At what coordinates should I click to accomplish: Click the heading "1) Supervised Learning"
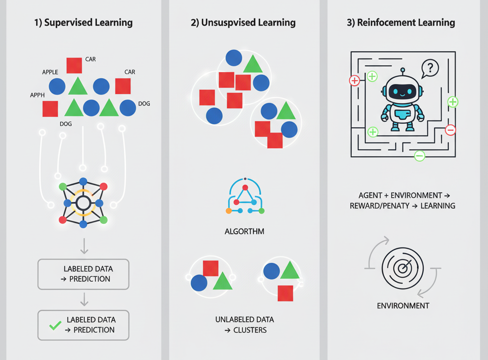[83, 23]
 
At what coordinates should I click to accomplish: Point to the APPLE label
[50, 72]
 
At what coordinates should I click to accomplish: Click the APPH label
[38, 95]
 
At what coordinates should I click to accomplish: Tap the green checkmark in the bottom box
[56, 325]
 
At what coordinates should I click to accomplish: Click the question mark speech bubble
[430, 69]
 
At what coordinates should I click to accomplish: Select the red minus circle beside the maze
[450, 130]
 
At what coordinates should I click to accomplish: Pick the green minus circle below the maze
[419, 156]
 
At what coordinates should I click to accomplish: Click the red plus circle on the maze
[355, 81]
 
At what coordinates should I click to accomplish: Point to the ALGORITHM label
[244, 231]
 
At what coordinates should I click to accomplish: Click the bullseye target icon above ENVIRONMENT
[402, 269]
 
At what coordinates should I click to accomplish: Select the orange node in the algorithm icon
[229, 211]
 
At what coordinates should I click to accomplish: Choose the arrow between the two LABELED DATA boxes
[84, 299]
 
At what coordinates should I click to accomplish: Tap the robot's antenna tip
[402, 70]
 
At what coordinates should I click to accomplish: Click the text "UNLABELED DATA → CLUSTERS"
[244, 325]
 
